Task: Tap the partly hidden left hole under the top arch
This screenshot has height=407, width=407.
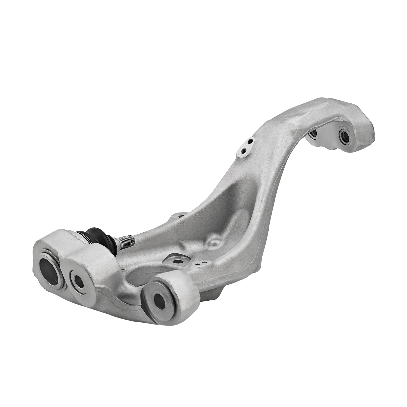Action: tap(313, 133)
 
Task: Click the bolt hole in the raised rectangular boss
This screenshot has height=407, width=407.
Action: tap(178, 262)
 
